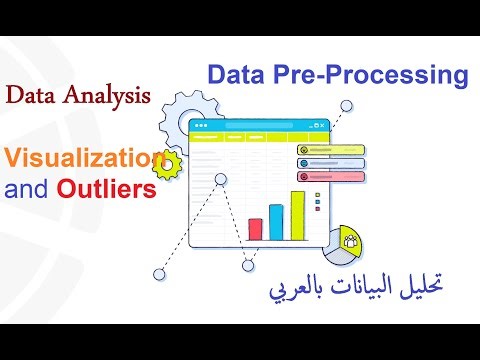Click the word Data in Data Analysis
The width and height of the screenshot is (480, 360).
tap(30, 96)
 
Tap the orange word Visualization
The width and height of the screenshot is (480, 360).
tap(81, 157)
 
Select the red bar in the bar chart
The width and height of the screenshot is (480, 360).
tap(255, 228)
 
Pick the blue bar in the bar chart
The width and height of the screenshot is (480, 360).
tap(276, 221)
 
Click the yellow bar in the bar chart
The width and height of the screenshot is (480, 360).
tap(297, 215)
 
